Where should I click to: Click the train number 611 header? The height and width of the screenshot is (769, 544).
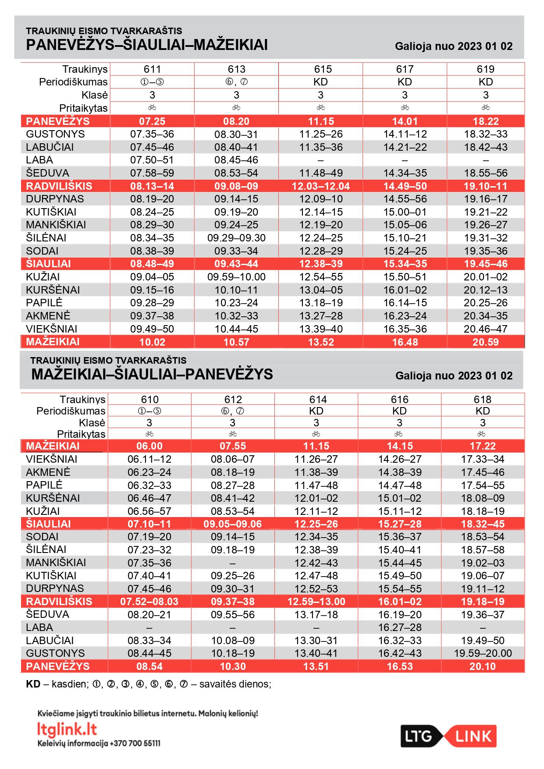tap(152, 69)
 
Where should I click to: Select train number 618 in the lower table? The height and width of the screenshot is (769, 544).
tap(482, 399)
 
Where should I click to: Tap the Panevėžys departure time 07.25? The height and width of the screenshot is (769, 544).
tap(152, 121)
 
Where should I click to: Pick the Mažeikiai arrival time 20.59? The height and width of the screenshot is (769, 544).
tap(485, 342)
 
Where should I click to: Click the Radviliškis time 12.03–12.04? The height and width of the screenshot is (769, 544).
tap(321, 186)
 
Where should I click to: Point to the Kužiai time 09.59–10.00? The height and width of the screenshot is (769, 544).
tap(236, 277)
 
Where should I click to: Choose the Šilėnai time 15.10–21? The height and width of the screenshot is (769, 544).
tap(405, 238)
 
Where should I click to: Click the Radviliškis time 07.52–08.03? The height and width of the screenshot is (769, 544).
tap(149, 602)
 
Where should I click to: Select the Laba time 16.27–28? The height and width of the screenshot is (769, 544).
tap(399, 627)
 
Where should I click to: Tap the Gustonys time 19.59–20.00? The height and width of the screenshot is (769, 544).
tap(483, 653)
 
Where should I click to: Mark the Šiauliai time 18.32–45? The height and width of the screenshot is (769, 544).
tap(483, 524)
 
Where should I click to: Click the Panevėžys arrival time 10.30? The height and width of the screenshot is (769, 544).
tap(233, 666)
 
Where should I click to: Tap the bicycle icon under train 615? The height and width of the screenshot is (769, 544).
tap(321, 108)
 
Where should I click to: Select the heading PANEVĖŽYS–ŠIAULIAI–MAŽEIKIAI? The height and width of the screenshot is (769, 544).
tap(147, 45)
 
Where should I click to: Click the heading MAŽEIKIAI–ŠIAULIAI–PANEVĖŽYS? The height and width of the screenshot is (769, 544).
tap(152, 374)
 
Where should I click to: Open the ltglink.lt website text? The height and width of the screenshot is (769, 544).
tap(67, 729)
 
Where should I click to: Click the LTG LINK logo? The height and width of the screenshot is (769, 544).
tap(448, 736)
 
